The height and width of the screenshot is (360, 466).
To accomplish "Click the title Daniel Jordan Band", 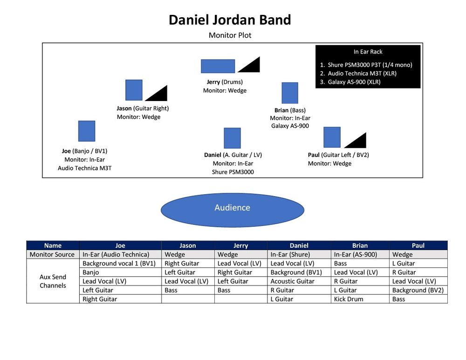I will click(x=230, y=20).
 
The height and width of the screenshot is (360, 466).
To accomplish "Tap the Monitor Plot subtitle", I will click(x=230, y=35).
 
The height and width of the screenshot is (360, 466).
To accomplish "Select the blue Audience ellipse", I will click(x=232, y=208).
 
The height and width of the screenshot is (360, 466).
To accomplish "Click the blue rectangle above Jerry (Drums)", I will click(x=218, y=66).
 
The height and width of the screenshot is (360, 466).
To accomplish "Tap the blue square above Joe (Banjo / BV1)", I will click(x=87, y=131).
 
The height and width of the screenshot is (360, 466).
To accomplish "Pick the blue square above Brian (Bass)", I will click(x=290, y=93).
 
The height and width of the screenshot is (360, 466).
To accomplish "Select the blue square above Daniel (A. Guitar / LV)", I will click(x=232, y=138).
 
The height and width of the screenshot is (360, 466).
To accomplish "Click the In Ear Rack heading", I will click(x=368, y=52).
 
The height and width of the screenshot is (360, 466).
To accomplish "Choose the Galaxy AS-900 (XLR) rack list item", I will click(x=354, y=82).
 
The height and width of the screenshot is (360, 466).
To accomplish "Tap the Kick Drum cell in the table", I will click(x=349, y=299).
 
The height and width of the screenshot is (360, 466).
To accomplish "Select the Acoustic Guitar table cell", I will click(x=292, y=281).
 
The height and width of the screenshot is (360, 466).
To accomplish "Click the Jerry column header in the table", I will click(x=240, y=245).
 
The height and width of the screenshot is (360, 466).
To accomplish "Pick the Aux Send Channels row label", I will click(x=53, y=281).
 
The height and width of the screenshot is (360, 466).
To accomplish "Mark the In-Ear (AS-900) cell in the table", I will click(x=355, y=255).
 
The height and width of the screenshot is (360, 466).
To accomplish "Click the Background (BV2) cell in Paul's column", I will click(x=418, y=290).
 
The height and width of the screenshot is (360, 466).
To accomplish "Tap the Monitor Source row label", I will click(x=52, y=255).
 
